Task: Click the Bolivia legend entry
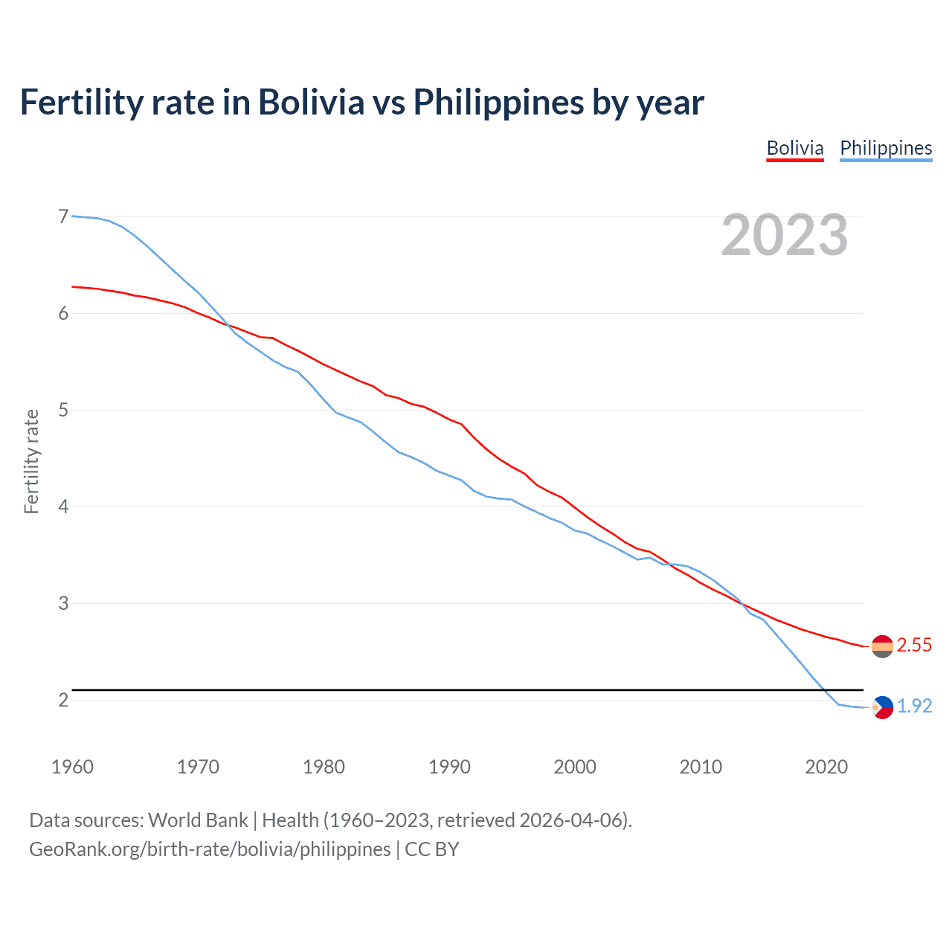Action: (795, 148)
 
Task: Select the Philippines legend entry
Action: (886, 148)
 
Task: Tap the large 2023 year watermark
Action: (784, 235)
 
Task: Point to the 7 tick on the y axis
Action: (63, 216)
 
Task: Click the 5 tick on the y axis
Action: (63, 410)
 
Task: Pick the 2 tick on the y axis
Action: (63, 700)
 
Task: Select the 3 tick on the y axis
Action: (63, 603)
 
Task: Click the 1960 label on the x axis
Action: (72, 767)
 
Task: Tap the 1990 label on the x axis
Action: (449, 767)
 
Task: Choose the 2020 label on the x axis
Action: (826, 767)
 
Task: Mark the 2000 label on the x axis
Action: (575, 767)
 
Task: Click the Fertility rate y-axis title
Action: (31, 461)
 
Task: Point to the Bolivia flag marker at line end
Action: (882, 646)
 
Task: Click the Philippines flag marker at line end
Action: (882, 707)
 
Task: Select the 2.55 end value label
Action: (914, 646)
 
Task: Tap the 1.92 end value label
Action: (914, 707)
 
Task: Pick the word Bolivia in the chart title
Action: (311, 103)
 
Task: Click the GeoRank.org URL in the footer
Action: (210, 849)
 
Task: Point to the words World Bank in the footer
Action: (198, 820)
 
